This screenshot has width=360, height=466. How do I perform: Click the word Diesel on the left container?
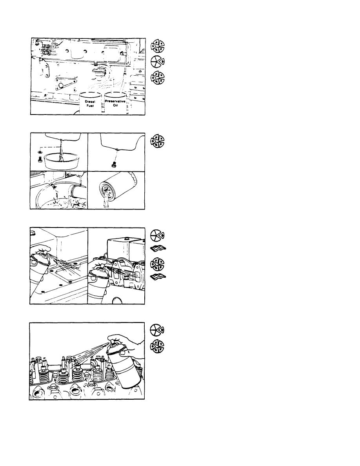[x=90, y=102]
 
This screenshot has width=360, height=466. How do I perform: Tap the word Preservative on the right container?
[x=115, y=101]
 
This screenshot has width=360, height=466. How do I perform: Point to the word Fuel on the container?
[x=90, y=106]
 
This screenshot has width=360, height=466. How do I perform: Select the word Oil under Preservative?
[x=115, y=105]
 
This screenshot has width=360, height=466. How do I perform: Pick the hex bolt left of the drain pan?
[x=39, y=159]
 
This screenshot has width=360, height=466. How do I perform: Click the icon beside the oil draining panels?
[x=157, y=142]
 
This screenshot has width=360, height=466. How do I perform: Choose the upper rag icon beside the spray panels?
[x=158, y=248]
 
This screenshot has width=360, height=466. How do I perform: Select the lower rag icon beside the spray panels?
[x=158, y=277]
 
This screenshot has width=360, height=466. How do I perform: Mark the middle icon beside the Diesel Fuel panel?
[x=157, y=62]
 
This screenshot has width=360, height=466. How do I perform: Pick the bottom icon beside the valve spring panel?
[x=157, y=346]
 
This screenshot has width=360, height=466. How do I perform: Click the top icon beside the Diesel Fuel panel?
[x=157, y=46]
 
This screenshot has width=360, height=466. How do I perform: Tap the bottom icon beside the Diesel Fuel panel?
[x=157, y=78]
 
